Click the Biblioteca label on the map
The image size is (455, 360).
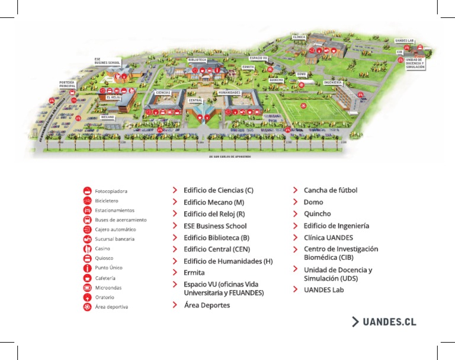point(197,60)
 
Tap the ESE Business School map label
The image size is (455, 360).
point(107,61)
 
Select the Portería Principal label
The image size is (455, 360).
point(67,84)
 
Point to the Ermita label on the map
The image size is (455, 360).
point(248,67)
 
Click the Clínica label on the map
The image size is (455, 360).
point(299,37)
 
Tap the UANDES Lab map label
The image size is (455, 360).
point(405,41)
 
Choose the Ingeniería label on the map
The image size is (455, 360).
point(333,82)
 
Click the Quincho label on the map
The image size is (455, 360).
point(276,79)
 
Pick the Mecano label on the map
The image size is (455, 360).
point(107,117)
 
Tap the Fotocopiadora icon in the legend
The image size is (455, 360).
point(87,191)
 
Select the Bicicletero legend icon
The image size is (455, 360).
point(87,200)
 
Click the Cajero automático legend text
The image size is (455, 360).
point(115,230)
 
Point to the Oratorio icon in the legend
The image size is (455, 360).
point(87,297)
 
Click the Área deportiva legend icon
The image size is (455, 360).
point(87,307)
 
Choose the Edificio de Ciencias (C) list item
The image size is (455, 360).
point(218,190)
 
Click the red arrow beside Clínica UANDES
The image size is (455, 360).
point(295,237)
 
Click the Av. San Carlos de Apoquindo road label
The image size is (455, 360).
point(230,157)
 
